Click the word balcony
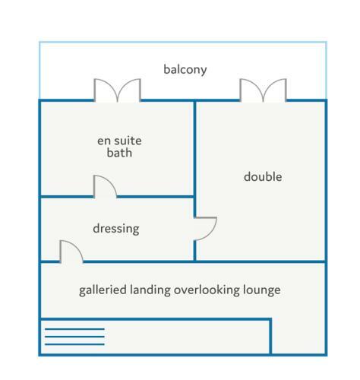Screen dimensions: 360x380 [x=185, y=70]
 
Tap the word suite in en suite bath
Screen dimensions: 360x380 [x=128, y=141]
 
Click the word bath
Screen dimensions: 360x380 [x=119, y=153]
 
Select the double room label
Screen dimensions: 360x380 [x=263, y=176]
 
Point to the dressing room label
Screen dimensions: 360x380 [x=116, y=229]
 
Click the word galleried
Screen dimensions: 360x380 [x=103, y=290]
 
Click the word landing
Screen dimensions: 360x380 [x=150, y=290]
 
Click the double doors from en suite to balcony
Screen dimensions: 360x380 [x=117, y=90]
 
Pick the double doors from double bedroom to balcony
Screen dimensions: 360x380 [x=264, y=90]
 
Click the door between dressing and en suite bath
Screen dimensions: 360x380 [x=105, y=186]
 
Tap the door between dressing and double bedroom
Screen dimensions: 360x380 [x=206, y=229]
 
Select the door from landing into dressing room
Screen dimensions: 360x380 [x=71, y=251]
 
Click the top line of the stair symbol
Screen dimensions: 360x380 [x=74, y=329]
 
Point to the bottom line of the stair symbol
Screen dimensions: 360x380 [x=74, y=344]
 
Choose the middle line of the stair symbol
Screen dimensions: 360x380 [x=74, y=337]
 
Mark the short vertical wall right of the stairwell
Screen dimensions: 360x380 [x=270, y=336]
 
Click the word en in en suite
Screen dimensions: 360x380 [x=104, y=141]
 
